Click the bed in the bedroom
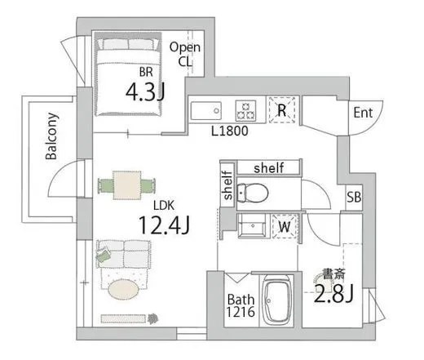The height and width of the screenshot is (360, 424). pyautogui.click(x=128, y=74)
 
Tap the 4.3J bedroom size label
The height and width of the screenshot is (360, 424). pyautogui.click(x=145, y=92)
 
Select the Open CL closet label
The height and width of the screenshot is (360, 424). pyautogui.click(x=185, y=55)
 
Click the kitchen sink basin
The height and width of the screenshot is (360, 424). pyautogui.click(x=206, y=110)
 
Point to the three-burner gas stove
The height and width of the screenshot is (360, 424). pyautogui.click(x=245, y=110)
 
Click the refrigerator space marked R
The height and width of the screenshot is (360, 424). pyautogui.click(x=282, y=110)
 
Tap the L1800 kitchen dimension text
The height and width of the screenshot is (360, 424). pyautogui.click(x=230, y=131)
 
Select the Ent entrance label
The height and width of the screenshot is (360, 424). pyautogui.click(x=363, y=113)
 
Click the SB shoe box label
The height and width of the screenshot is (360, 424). pyautogui.click(x=354, y=197)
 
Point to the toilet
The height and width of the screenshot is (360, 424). pyautogui.click(x=253, y=193)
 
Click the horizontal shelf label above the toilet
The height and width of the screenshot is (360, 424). pyautogui.click(x=268, y=168)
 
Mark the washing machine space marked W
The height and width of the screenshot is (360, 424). pyautogui.click(x=285, y=226)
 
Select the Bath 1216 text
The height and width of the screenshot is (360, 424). pyautogui.click(x=241, y=305)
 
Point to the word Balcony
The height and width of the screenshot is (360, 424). pyautogui.click(x=51, y=136)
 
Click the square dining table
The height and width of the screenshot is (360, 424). pyautogui.click(x=127, y=185)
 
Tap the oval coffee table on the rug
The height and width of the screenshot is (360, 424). pyautogui.click(x=124, y=290)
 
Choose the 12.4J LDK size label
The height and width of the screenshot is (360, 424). pyautogui.click(x=164, y=225)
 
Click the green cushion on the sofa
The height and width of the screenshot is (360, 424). pyautogui.click(x=104, y=255)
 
